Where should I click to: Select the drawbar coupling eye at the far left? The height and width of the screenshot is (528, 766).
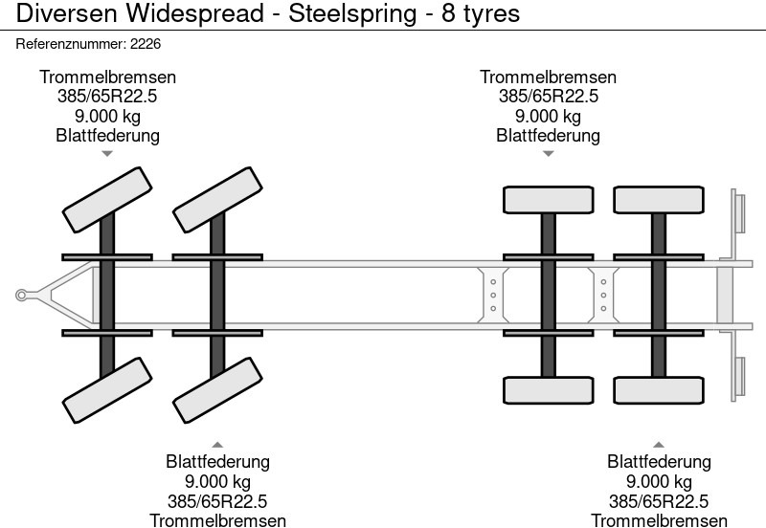point(20,296)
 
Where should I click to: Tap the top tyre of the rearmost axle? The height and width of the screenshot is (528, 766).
point(658,200)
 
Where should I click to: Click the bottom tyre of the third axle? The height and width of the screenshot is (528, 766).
point(548,390)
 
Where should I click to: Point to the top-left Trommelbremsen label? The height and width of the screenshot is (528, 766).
point(107,77)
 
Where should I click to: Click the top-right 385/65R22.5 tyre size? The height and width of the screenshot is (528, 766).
point(548,97)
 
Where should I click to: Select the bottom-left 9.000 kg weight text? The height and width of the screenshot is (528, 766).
point(217,481)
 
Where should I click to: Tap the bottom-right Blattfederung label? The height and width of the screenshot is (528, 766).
point(659,461)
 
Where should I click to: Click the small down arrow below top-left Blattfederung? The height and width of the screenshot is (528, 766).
point(107,153)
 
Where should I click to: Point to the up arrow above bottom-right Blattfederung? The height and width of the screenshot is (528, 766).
point(659,444)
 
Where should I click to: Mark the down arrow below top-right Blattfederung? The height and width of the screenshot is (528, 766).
point(548,153)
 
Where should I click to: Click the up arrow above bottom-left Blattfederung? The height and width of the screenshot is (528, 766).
point(217,444)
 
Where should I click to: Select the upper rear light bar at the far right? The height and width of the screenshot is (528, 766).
point(738,210)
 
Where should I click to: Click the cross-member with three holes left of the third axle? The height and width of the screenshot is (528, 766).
point(492,295)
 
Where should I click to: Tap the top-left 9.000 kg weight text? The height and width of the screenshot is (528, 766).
point(107,116)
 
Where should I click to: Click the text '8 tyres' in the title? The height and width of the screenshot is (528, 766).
point(481,14)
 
